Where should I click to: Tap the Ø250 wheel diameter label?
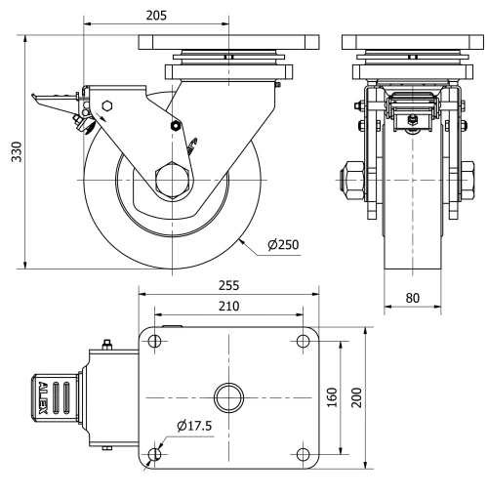[284, 245]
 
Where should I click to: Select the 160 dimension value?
[333, 398]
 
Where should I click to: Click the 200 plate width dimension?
[357, 398]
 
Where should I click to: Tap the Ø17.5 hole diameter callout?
[196, 426]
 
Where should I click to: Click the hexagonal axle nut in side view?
[174, 183]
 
